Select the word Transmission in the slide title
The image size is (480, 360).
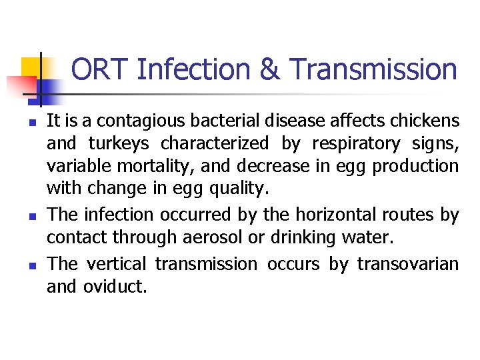[374, 69]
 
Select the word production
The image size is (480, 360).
[416, 166]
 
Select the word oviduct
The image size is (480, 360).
[114, 287]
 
